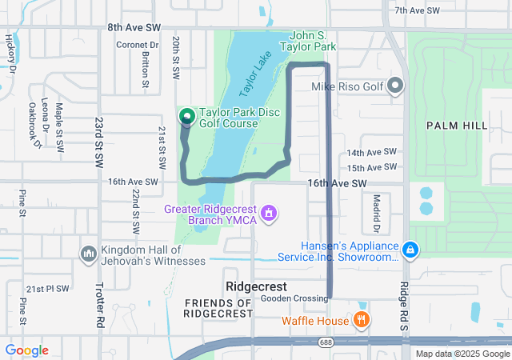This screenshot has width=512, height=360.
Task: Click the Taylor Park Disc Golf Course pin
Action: pos(187,117)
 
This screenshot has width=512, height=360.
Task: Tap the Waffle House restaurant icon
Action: pos(362,321)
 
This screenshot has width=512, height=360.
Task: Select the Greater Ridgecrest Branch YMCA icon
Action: pos(270,214)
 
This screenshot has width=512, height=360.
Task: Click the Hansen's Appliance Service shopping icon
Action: pos(410,250)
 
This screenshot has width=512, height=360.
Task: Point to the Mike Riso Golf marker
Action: pos(396,86)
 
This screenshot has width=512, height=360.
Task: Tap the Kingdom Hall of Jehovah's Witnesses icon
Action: pos(88,254)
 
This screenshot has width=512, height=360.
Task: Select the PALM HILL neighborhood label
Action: pos(456,126)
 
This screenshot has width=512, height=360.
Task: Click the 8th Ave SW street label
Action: pos(133,27)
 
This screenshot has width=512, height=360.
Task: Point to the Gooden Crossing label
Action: pos(294,298)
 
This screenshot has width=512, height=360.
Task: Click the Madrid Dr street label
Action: pos(375,210)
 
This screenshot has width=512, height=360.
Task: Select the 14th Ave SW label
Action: pos(371,152)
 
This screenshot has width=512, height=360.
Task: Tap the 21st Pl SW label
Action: pos(47,288)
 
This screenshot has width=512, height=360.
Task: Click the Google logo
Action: pos(26,350)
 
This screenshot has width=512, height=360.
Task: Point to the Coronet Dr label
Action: pos(138,45)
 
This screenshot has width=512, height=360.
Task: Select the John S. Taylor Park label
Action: pos(313,42)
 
